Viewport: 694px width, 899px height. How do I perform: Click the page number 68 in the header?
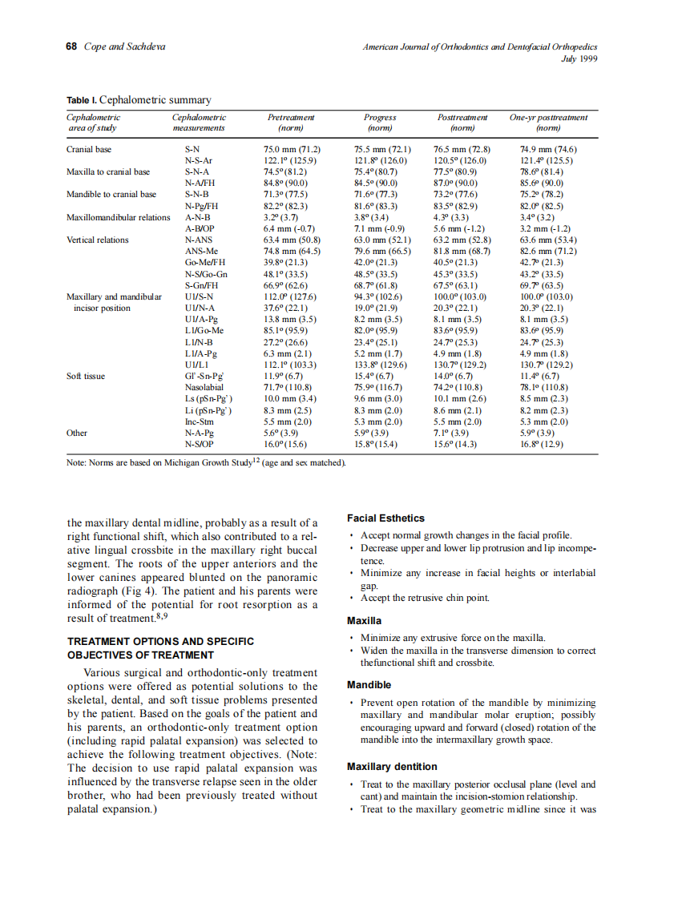71,46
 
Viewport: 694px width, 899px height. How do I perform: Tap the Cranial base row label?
89,149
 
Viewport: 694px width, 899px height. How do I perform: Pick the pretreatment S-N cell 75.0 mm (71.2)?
292,149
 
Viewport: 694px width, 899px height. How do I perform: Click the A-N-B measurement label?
197,217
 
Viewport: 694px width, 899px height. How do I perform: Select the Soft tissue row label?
86,375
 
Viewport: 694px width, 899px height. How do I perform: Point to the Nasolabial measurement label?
204,387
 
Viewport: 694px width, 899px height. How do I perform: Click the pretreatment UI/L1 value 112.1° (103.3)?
292,364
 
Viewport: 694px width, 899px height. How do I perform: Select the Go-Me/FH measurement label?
205,262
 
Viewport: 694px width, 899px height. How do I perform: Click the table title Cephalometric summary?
155,100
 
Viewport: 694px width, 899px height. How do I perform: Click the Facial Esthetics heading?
385,518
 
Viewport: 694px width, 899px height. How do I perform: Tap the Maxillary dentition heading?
392,766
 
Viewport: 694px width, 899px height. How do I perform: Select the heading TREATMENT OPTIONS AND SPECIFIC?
160,641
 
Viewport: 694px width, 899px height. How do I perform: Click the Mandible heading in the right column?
369,685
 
